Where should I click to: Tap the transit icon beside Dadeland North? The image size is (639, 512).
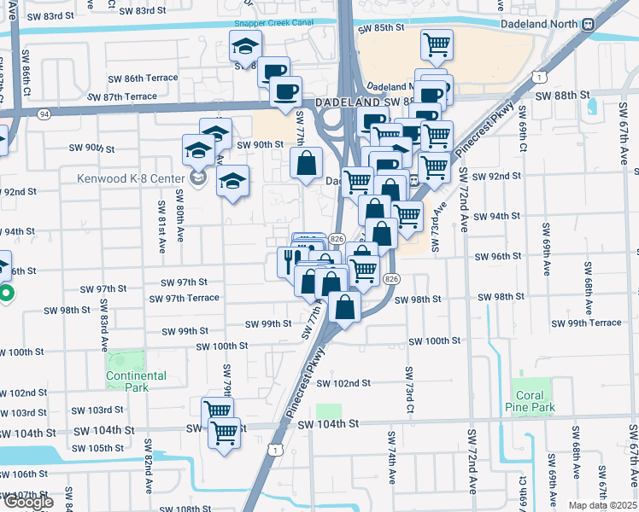pyautogui.click(x=588, y=25)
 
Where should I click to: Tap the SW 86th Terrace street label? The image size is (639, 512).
pyautogui.click(x=143, y=78)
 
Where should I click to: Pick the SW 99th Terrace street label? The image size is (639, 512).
pyautogui.click(x=586, y=323)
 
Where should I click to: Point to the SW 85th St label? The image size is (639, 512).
pyautogui.click(x=381, y=28)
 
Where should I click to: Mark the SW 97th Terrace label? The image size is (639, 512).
pyautogui.click(x=184, y=298)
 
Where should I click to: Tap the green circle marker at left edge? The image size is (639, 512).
pyautogui.click(x=5, y=296)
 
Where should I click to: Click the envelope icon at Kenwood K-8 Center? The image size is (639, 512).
pyautogui.click(x=199, y=180)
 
